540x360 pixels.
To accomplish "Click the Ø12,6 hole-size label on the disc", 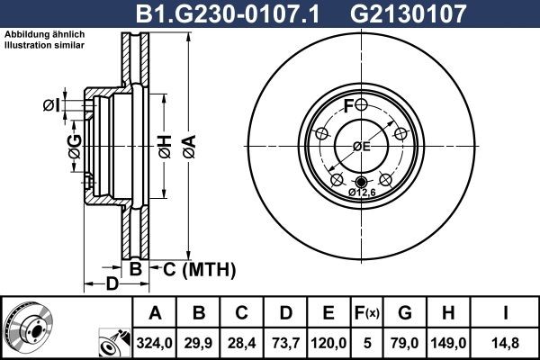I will click(x=362, y=191).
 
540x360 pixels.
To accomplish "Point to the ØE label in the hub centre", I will click(x=361, y=147).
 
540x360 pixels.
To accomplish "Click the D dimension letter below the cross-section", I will click(x=112, y=286).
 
